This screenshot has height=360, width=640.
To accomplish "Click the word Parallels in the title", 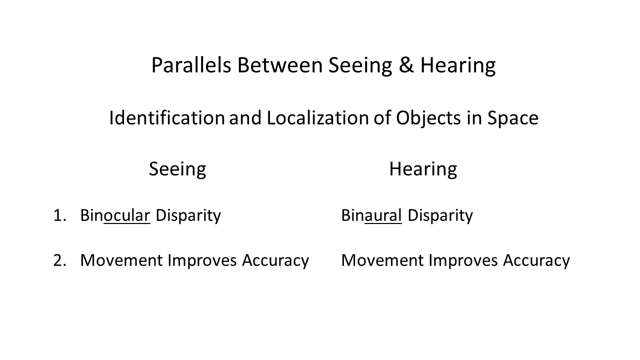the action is coord(191,65).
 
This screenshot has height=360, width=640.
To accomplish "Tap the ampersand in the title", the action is coord(406,65).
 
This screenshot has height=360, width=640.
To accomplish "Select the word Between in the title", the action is coord(280,65).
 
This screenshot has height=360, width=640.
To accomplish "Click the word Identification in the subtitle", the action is coord(167,117).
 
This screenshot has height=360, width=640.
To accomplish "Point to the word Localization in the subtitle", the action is coord(317,117).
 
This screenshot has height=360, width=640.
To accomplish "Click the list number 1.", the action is coord(59,215).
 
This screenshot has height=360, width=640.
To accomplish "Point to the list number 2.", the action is coord(59,260).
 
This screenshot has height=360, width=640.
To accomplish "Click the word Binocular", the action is coord(115,215).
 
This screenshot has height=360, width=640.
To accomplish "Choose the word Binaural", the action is coord(371,215).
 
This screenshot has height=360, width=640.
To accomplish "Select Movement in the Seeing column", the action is coord(121,260).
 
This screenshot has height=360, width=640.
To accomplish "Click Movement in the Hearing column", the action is coord(382,260).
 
